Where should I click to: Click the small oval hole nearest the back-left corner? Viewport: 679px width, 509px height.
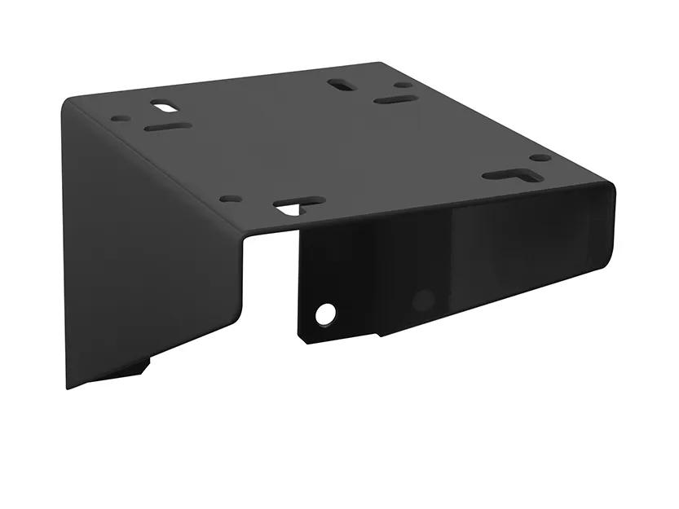coord(121,118)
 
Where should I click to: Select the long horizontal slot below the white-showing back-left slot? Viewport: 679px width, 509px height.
coord(167,128)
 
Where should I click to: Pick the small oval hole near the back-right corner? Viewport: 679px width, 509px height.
coord(403,85)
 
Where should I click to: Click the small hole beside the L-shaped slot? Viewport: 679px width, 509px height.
coord(540,158)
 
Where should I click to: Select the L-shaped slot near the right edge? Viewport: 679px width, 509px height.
coord(507,173)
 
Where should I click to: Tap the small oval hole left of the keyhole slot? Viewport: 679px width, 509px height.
coord(231,198)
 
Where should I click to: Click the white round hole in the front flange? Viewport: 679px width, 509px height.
coord(326,312)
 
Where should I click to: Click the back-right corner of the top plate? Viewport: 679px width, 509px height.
coord(381,64)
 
